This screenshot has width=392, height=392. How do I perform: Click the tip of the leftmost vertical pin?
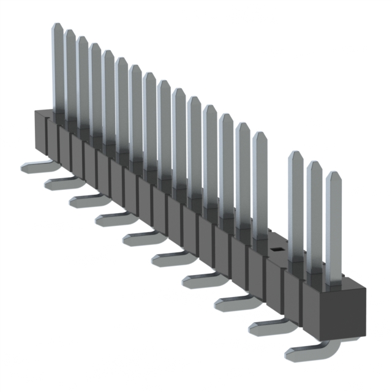click(57, 26)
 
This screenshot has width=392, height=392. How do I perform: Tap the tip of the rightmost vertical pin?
click(333, 175)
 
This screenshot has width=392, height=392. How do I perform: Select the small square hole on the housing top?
click(276, 249)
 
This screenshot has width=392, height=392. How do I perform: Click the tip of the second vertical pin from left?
click(70, 33)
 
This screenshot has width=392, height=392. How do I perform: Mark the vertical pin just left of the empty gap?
click(260, 184)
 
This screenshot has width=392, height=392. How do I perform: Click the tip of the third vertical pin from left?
click(83, 40)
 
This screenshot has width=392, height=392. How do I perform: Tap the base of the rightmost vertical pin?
click(334, 282)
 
